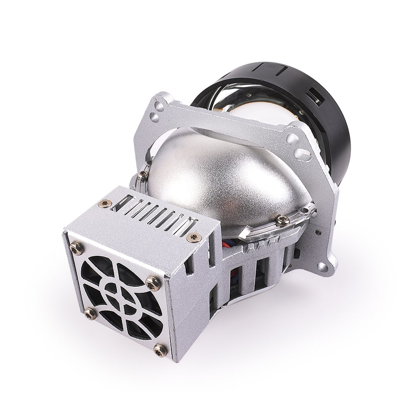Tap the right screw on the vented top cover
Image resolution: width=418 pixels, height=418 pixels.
pos(194,237)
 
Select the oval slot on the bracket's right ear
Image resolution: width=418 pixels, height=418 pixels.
pos(301,153)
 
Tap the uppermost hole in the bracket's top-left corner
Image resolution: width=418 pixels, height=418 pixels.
pos(158,101)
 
